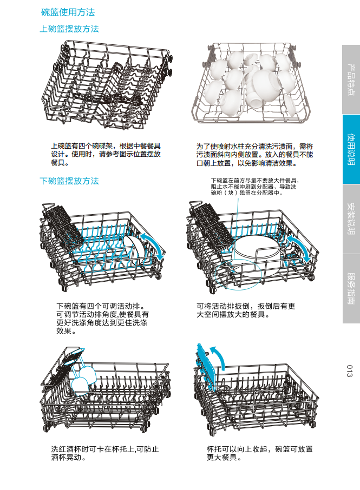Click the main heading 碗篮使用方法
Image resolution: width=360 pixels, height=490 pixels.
coord(68,12)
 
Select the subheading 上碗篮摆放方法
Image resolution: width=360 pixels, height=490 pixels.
coord(69,29)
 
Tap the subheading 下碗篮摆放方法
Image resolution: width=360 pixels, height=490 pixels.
coord(69,181)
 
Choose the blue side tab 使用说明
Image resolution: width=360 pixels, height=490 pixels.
coord(351,149)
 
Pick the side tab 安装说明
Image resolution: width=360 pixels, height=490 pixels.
coord(351,218)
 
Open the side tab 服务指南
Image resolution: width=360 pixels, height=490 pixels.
coord(351,288)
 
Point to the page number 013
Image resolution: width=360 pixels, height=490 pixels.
coord(350,372)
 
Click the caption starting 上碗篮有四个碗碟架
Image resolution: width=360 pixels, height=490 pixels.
coord(106,154)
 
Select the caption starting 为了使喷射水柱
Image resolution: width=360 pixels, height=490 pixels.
coord(254,154)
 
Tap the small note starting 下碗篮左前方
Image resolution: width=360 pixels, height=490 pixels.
coord(254,187)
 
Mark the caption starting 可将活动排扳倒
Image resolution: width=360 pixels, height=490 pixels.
coord(246,310)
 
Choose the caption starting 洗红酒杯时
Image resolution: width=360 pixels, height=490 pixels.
coord(105,453)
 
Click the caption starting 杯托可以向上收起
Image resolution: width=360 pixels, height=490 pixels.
coord(260,453)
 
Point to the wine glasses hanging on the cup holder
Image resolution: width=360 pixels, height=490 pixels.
coord(83,376)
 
